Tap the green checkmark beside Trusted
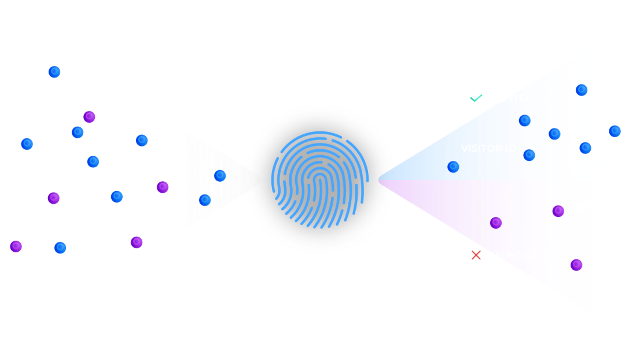click(x=476, y=98)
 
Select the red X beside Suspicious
click(x=476, y=255)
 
